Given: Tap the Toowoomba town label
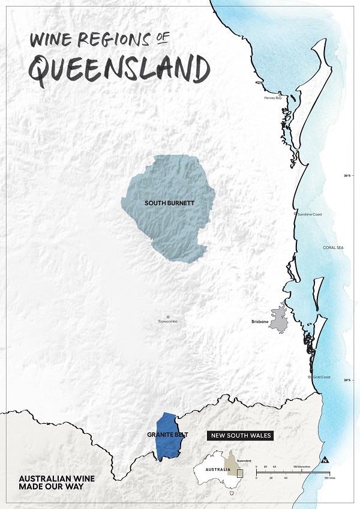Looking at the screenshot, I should point(168,322).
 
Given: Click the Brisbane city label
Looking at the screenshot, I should point(259,322).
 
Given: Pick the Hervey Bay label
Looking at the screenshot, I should point(273,98).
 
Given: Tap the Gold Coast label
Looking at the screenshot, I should point(322,377).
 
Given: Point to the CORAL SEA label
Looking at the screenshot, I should point(332,247).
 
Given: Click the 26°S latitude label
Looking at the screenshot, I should point(347,176).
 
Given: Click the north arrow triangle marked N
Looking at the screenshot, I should point(325,461).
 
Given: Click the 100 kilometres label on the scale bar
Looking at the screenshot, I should point(302,466).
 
